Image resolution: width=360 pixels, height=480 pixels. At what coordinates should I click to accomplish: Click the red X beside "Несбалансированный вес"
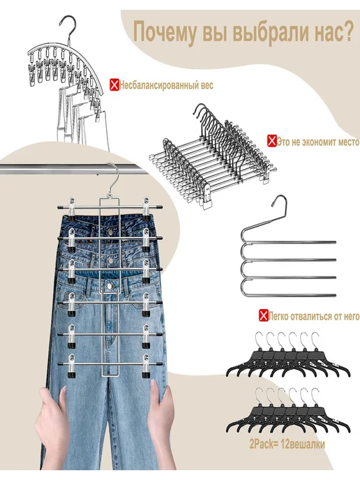coord(114,85)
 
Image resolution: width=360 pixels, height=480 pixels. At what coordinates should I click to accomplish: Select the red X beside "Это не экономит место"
coord(271,141)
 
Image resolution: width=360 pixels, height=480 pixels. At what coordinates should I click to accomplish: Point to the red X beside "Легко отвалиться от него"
coord(263,315)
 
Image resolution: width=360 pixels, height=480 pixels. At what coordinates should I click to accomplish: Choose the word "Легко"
coord(278,316)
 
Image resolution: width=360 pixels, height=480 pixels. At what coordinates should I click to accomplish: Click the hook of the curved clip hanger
coord(68,26)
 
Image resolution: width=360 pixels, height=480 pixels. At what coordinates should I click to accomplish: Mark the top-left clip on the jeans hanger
coord(71,210)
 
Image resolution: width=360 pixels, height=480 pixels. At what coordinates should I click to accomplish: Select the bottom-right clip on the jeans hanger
coord(146,366)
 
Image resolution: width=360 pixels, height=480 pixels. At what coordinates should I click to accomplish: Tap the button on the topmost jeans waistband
coord(110,233)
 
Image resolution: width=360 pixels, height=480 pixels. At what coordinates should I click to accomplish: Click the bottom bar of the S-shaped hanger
coord(290,294)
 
